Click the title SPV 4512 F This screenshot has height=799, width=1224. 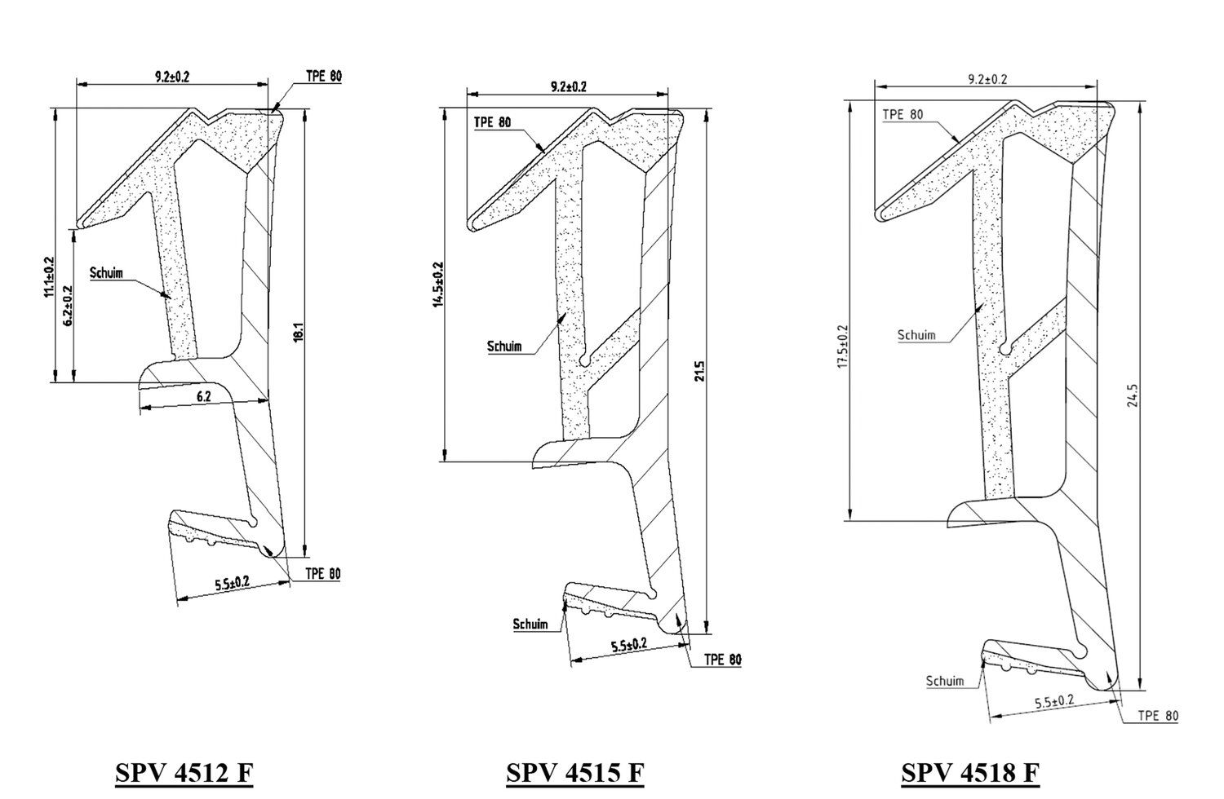184,773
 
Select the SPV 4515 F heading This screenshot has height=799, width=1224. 574,773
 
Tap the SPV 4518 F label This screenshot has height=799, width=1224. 970,773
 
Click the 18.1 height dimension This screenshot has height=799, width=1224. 299,333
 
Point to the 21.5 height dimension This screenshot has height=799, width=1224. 700,371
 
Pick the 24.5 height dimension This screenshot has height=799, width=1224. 1133,395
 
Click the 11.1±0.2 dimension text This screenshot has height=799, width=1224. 49,277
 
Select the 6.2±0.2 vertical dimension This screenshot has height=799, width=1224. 68,306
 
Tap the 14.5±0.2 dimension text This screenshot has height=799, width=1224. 439,284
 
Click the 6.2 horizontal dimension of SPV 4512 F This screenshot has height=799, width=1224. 204,396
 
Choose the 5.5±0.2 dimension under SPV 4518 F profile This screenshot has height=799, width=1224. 1054,701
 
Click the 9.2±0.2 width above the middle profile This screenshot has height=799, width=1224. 568,87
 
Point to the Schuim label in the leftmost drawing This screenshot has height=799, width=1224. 107,272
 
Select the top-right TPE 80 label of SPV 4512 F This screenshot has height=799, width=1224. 324,76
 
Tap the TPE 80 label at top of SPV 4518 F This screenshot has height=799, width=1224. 902,114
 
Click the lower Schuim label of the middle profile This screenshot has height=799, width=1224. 530,624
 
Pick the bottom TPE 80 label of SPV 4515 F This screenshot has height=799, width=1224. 723,660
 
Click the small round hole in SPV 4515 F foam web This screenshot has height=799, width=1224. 585,361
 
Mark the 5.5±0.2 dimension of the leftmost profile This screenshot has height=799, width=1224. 233,583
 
